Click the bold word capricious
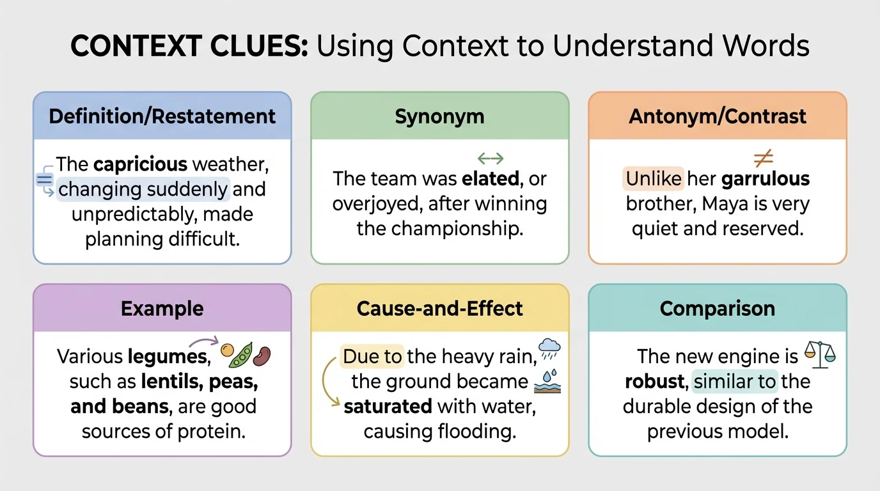(x=139, y=164)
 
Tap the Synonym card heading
(x=439, y=116)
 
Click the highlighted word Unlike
(x=654, y=179)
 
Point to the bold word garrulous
(x=766, y=179)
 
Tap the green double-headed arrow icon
(x=491, y=158)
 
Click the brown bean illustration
(x=262, y=356)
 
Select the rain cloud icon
(x=549, y=348)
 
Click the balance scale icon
(x=821, y=354)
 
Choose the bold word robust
(x=654, y=382)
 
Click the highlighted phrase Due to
(x=372, y=356)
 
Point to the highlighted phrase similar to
(x=735, y=382)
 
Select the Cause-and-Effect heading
(x=439, y=309)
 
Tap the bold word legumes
(x=168, y=356)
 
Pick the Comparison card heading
(x=717, y=309)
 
